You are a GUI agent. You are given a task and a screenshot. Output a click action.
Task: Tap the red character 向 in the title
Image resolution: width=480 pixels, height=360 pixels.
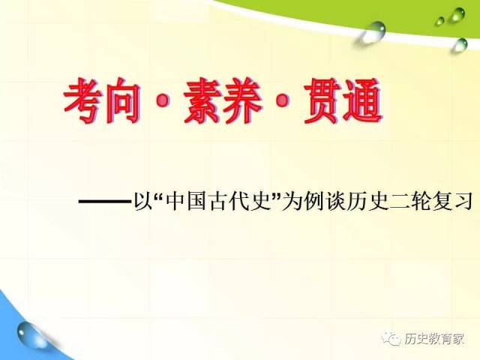[x=122, y=100]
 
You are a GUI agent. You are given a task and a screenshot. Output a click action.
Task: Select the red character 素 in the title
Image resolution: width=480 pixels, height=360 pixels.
[x=202, y=100]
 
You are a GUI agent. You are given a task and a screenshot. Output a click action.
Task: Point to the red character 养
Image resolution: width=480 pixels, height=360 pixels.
[x=242, y=100]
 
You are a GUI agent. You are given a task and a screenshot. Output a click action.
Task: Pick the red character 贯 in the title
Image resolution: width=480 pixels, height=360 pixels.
[x=322, y=100]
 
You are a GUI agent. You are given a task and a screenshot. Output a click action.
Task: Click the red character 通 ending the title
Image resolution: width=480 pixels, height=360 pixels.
[x=362, y=100]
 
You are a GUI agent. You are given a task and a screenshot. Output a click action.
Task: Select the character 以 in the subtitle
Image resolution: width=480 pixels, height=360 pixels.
[x=143, y=201]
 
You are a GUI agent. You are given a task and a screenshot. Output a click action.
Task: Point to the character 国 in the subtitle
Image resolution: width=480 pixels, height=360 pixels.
[x=196, y=201]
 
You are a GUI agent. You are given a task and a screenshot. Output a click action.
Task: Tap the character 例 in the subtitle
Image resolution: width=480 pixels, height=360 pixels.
[x=312, y=201]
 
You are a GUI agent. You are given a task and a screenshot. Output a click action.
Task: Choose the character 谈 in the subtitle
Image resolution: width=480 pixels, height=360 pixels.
[x=335, y=201]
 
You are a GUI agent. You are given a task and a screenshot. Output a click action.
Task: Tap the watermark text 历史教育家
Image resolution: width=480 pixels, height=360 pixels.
[x=433, y=339]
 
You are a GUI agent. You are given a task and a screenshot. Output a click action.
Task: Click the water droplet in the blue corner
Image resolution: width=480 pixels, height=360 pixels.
[x=28, y=333]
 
